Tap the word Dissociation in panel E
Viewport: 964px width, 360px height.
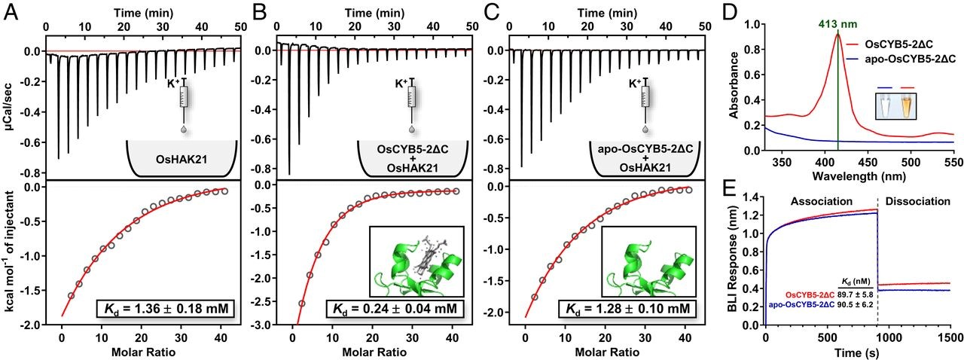(917, 202)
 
